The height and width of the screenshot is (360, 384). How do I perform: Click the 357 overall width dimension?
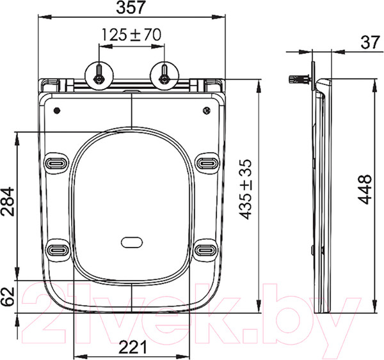[x=132, y=8]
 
